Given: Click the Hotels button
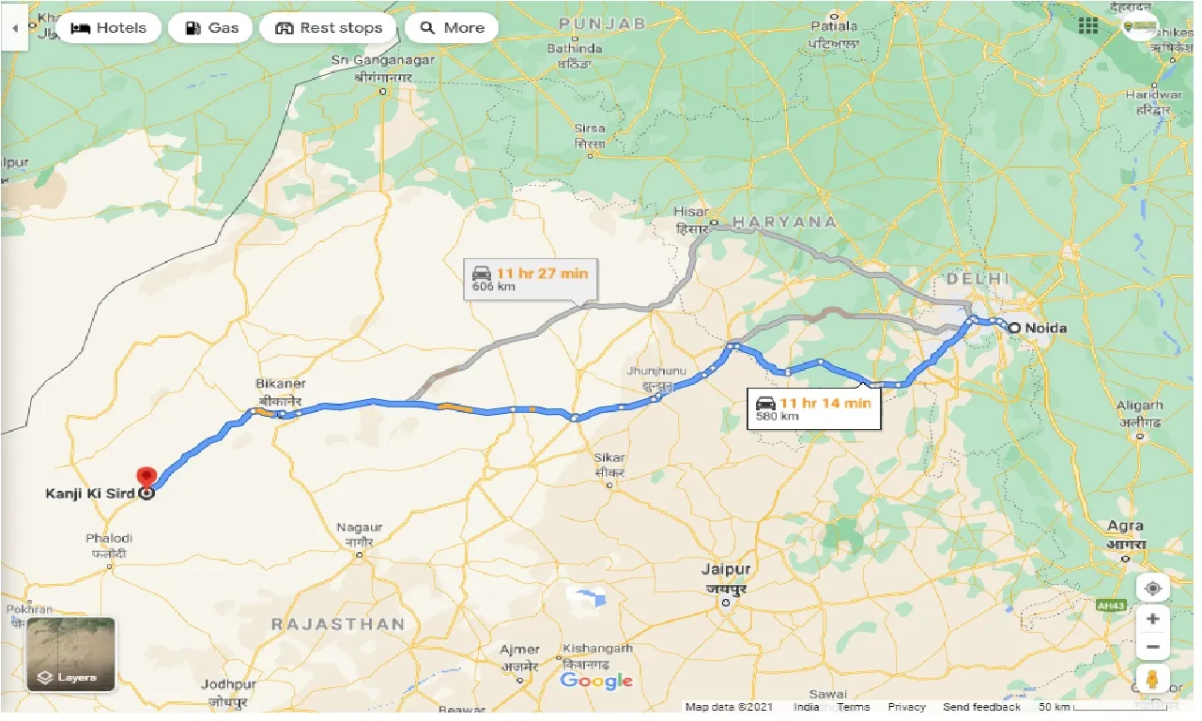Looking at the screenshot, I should [109, 28].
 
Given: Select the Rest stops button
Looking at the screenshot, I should [329, 28].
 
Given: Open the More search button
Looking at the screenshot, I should [452, 28].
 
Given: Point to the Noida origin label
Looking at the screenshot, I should [1045, 329].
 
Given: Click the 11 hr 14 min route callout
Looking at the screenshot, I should [813, 408].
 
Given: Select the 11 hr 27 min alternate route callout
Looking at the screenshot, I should [531, 279].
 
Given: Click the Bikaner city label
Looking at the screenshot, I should [281, 384].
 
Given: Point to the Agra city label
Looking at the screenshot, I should [1125, 527].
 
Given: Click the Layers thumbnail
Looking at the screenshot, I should [70, 654].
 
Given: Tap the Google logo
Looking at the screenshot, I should [596, 681].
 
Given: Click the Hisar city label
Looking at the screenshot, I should [692, 213].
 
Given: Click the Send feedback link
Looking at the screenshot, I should [981, 707].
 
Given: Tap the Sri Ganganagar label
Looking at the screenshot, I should [373, 60].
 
